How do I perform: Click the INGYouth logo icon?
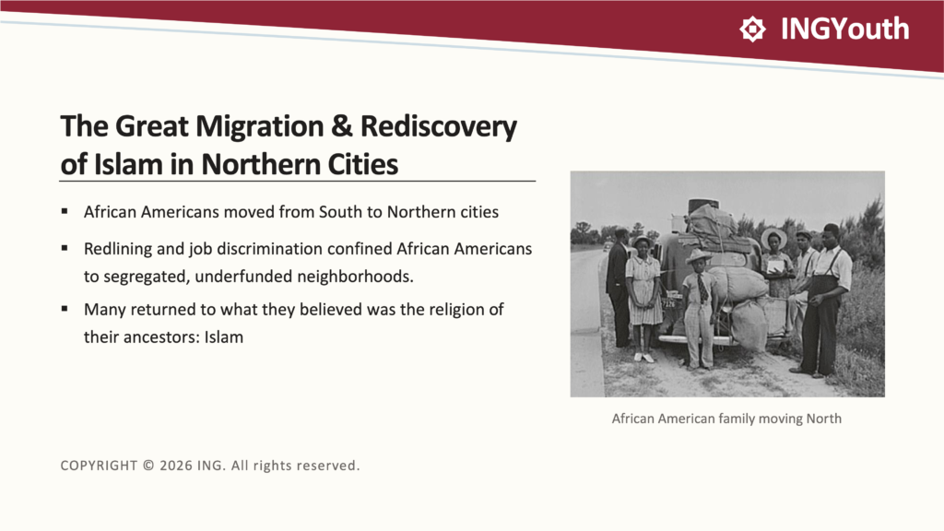point(752,29)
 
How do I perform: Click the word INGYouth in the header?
point(844,29)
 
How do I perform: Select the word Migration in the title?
point(259,127)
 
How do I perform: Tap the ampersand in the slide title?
point(342,125)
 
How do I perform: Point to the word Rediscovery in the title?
point(438,127)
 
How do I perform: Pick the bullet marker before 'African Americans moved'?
point(65,211)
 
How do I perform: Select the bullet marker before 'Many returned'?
point(65,309)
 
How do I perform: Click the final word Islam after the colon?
point(223,336)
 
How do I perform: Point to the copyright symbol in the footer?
point(148,466)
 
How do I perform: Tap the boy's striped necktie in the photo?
point(702,289)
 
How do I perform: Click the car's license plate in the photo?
point(670,303)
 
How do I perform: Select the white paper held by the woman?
point(775,266)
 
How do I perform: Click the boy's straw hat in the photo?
point(699,256)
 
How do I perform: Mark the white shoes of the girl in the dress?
point(643,357)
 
